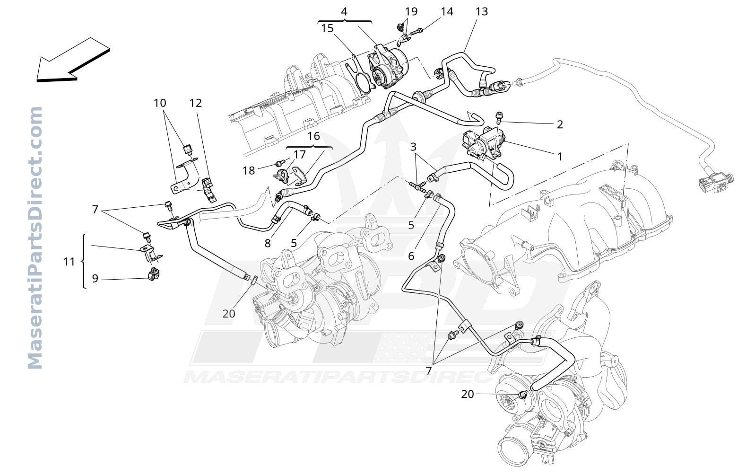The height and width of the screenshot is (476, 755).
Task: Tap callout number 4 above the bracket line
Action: click(344, 11)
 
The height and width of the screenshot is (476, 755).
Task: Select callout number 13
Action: click(482, 11)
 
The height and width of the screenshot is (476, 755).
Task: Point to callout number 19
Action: click(411, 11)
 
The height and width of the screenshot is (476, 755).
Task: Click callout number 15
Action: click(327, 28)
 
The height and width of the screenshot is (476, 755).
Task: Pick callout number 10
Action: click(160, 103)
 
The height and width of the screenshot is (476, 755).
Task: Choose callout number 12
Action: click(196, 103)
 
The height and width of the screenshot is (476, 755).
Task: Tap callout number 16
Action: click(313, 136)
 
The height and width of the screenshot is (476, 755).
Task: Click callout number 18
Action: click(249, 171)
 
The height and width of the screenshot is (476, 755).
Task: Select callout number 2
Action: click(560, 124)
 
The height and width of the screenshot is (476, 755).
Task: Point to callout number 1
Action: click(560, 157)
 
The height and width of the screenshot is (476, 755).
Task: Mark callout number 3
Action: click(413, 147)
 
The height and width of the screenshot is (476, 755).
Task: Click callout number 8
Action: click(268, 243)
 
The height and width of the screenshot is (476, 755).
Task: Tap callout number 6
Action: click(411, 256)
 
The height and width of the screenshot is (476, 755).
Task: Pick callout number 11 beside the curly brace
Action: click(69, 262)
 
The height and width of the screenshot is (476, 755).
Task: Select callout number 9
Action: click(95, 278)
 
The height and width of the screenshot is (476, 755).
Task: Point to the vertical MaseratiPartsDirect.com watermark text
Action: click(35, 238)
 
